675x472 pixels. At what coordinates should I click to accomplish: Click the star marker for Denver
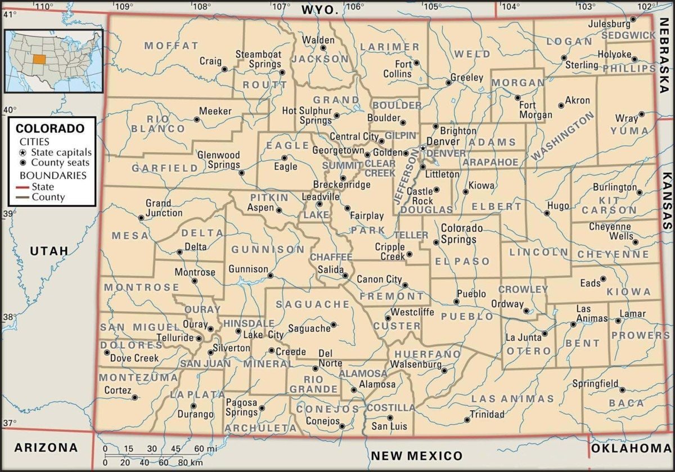point(423,148)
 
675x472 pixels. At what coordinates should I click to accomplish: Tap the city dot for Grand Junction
point(141,218)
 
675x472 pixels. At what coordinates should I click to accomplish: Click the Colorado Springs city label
point(461,233)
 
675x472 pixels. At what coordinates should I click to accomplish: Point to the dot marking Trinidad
point(467,419)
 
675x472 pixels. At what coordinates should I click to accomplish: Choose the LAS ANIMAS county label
point(512,399)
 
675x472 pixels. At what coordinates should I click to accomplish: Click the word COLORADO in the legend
point(49,128)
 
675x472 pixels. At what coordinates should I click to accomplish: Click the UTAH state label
point(49,251)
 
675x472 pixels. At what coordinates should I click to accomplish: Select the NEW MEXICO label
point(416,456)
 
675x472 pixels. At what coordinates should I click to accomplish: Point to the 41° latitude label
point(10,15)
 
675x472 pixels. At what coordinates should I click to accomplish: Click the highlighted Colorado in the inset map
point(39,58)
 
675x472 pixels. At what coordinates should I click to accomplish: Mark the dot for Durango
point(193,406)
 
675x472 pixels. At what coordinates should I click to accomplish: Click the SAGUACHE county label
point(313,304)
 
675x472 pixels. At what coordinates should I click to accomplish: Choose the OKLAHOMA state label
point(631,448)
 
